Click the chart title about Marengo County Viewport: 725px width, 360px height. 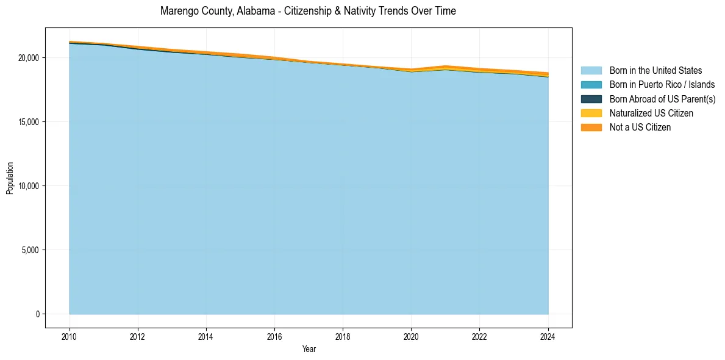[x=308, y=11]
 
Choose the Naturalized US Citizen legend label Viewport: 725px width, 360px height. [x=651, y=113]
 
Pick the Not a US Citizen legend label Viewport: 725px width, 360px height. [x=640, y=127]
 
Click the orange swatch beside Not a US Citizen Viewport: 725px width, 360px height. [x=591, y=127]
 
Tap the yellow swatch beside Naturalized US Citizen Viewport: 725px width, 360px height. [x=591, y=113]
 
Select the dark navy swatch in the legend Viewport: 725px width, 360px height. [x=591, y=99]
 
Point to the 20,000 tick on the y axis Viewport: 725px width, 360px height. [x=29, y=58]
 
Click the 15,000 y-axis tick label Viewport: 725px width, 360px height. [x=29, y=122]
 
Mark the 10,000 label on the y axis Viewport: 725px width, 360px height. [x=29, y=186]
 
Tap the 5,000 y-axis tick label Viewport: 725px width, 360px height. [x=30, y=250]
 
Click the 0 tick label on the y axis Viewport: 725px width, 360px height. [x=37, y=314]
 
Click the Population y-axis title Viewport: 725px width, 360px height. [x=10, y=178]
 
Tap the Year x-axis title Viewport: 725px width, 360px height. [x=309, y=349]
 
